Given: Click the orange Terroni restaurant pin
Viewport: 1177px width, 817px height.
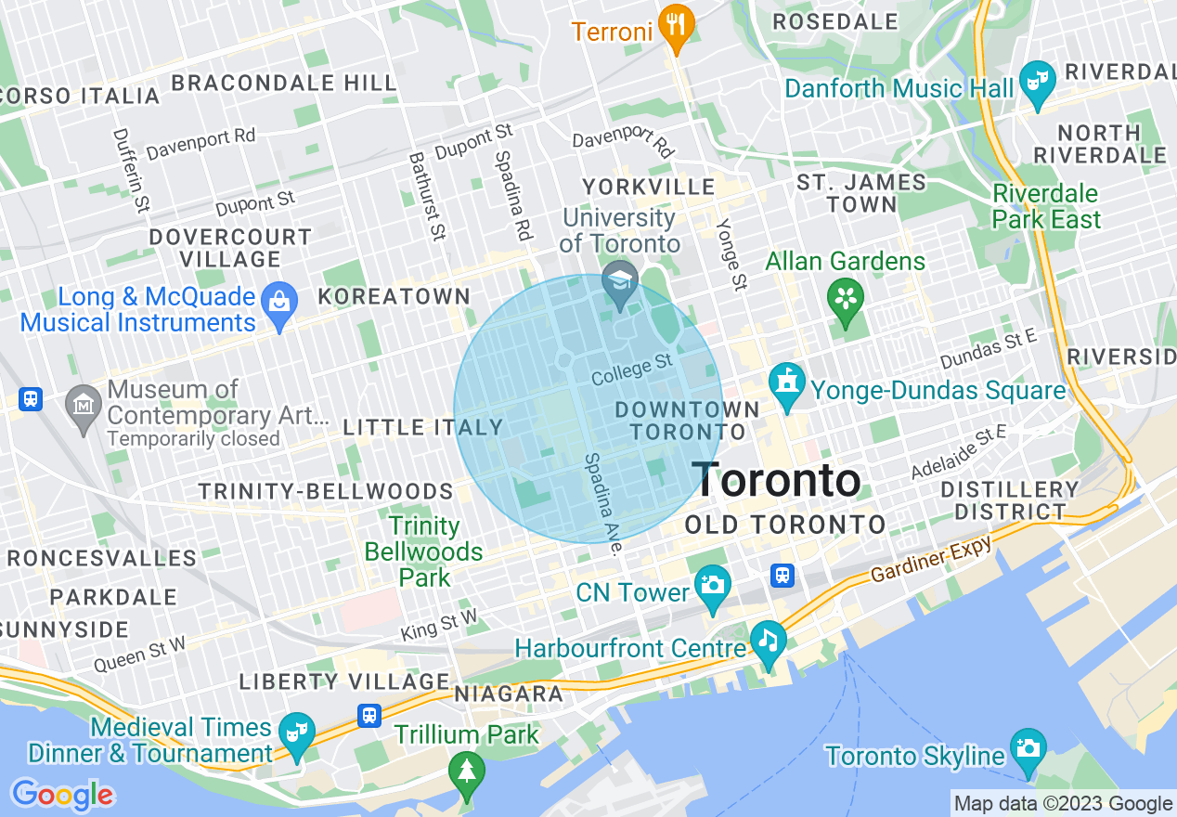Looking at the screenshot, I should (677, 27).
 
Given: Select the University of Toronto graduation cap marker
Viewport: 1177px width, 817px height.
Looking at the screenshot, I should (619, 282).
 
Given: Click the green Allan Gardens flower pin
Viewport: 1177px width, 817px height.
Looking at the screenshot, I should (846, 300).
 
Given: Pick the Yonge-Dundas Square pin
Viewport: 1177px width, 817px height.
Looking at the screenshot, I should (787, 384).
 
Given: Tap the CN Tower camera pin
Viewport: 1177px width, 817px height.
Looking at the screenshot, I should (713, 587).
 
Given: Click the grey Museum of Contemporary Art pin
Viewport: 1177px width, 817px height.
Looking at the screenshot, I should (84, 407).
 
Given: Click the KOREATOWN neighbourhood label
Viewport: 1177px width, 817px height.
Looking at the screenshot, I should (394, 296).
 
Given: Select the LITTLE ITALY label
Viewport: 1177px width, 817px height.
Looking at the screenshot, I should (422, 428).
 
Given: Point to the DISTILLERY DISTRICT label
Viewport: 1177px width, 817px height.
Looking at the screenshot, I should (1010, 500).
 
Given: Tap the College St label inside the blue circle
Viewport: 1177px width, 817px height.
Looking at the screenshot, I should (631, 370).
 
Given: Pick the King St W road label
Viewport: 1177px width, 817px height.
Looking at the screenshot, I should (439, 625).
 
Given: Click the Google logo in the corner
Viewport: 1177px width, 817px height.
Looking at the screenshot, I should (62, 795).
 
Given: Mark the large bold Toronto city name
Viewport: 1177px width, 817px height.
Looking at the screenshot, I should (777, 480).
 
